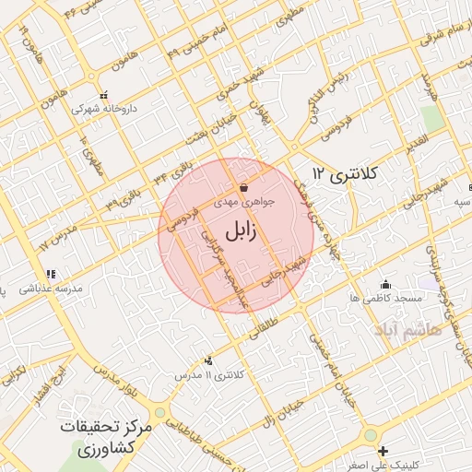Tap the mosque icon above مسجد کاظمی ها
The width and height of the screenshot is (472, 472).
385,284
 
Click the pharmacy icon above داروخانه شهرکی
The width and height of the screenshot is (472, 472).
103,95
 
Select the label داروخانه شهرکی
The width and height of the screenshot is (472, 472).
103,109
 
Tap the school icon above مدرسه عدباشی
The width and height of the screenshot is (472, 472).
52,274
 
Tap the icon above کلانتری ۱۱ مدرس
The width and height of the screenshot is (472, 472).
209,360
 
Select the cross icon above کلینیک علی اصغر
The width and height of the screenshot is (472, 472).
383,450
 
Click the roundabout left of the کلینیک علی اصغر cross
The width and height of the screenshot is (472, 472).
370,435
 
